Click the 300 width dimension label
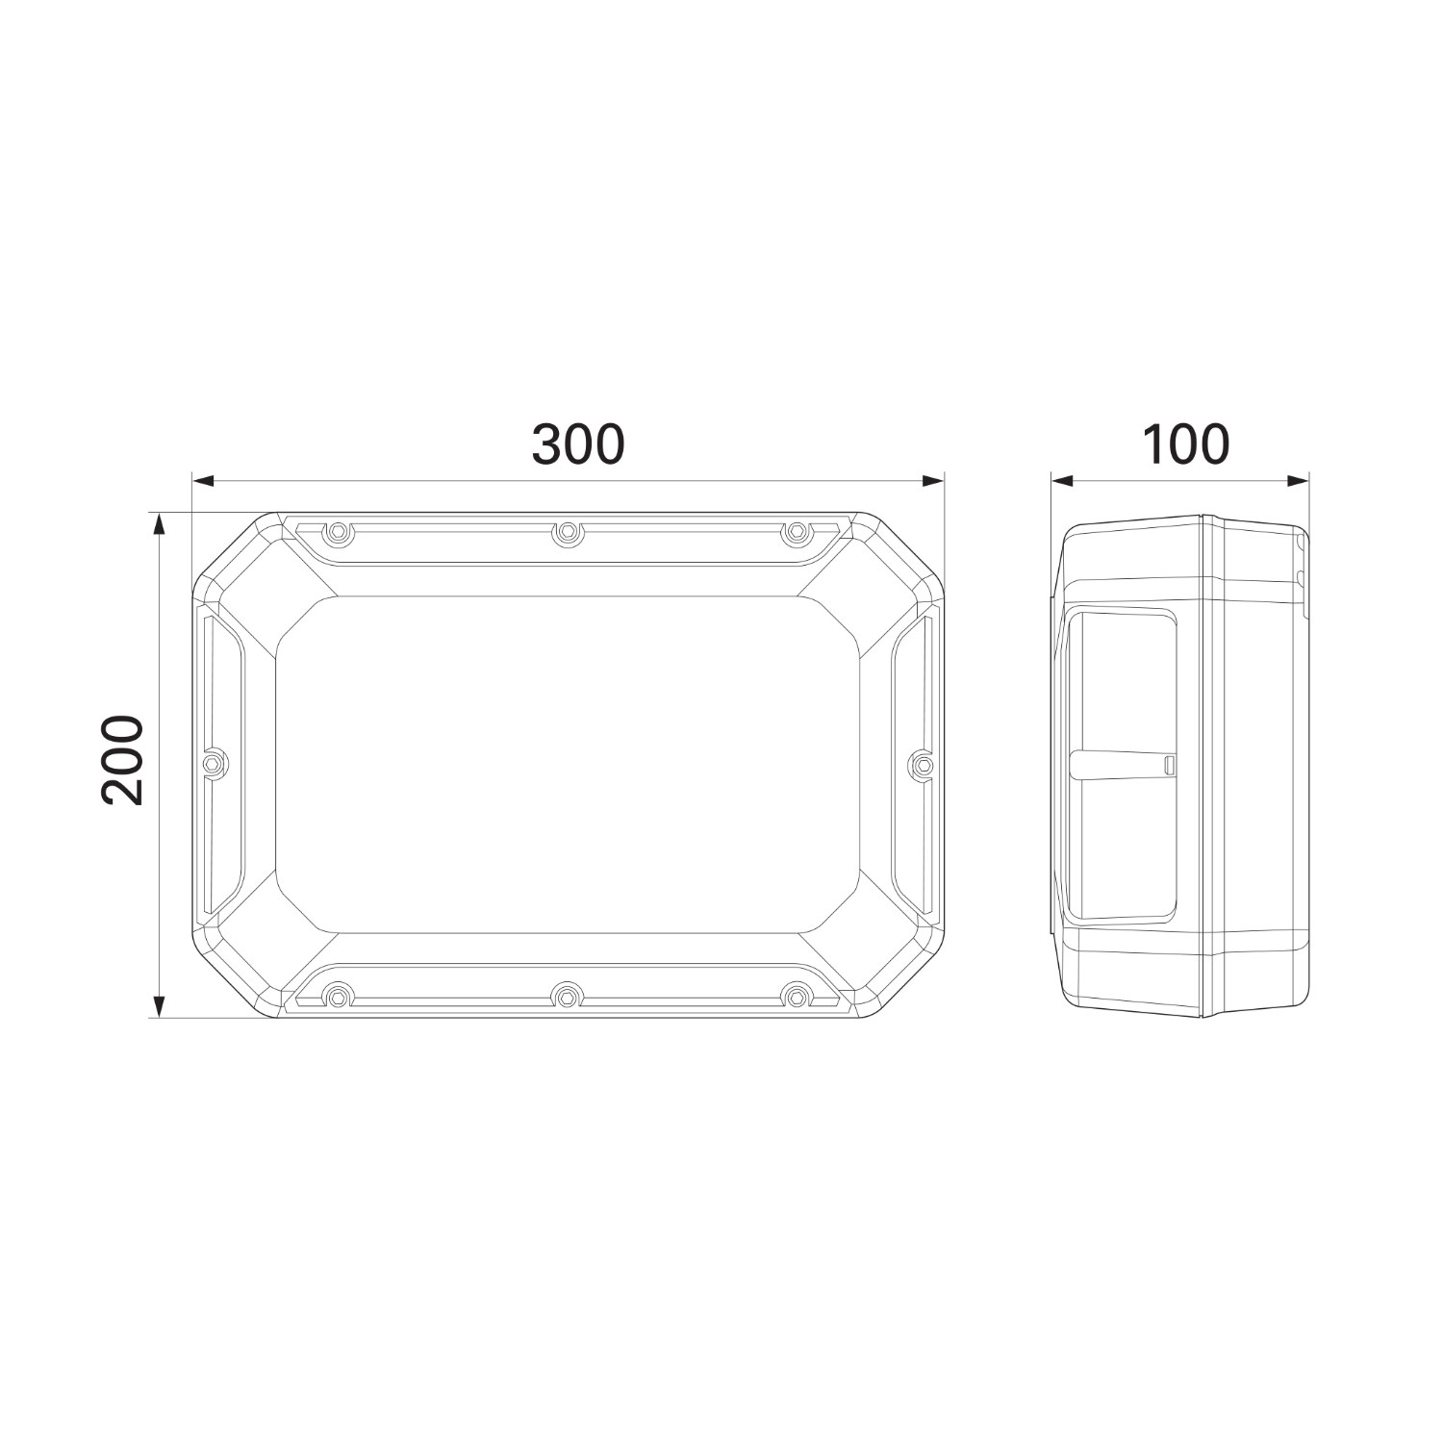point(578,444)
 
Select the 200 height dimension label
point(123,760)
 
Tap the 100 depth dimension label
point(1184,444)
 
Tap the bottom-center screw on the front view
point(569,996)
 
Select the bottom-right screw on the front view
point(796,996)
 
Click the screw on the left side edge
point(215,763)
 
